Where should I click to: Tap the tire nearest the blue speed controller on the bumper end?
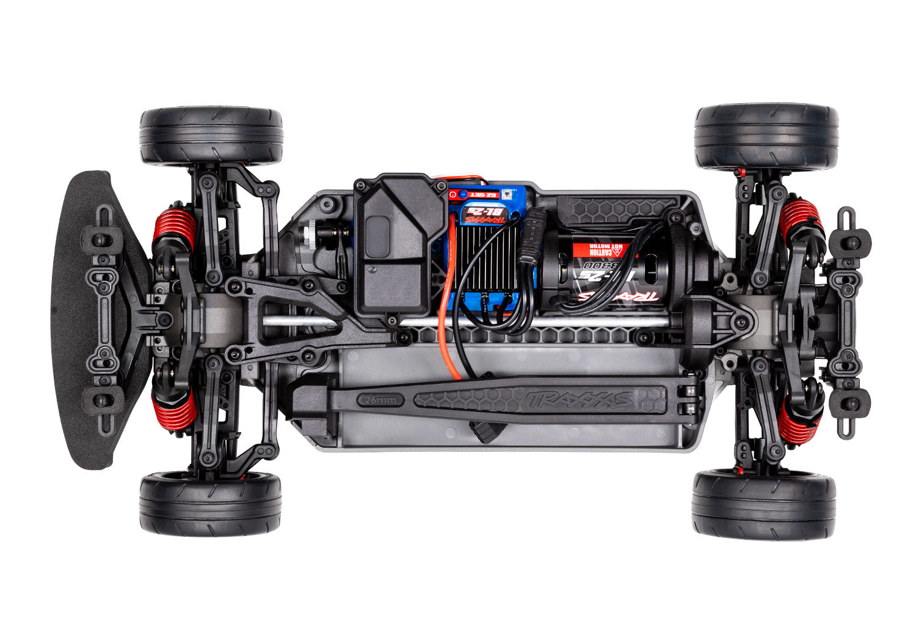[x=211, y=136]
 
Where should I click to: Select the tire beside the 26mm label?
[x=211, y=503]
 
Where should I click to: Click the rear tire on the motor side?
[x=766, y=136]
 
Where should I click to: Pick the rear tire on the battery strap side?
[x=764, y=504]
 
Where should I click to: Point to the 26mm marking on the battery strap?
[x=382, y=400]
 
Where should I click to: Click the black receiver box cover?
[x=400, y=244]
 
